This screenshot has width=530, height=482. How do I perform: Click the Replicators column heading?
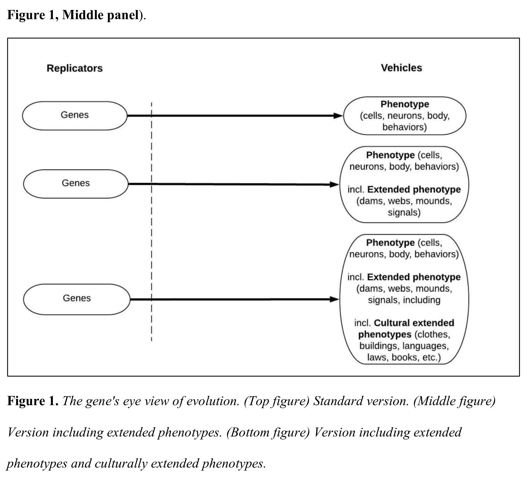(75, 68)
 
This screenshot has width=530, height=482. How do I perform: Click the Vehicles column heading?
(401, 68)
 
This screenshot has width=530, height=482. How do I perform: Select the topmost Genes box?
(75, 116)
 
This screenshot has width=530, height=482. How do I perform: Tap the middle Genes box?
(76, 184)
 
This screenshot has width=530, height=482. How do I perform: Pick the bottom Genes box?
(77, 299)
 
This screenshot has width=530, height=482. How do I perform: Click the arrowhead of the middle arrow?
(335, 185)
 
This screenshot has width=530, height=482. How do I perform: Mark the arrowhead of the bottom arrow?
(335, 299)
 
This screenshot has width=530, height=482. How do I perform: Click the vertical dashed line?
(151, 222)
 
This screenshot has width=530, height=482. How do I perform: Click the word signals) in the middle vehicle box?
(404, 212)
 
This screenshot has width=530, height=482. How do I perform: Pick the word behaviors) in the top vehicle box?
(404, 127)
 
